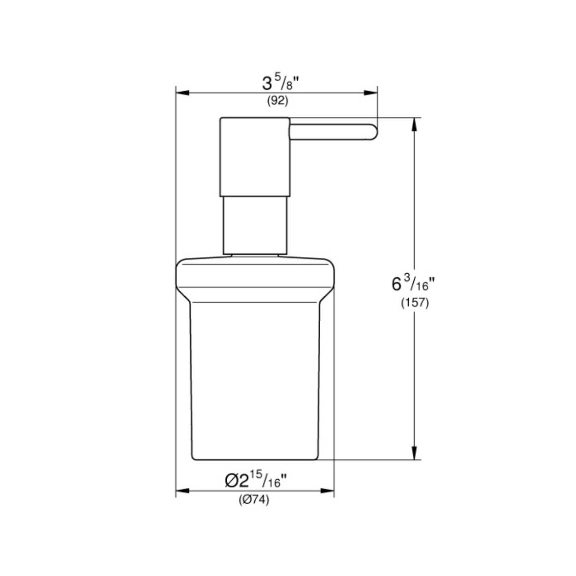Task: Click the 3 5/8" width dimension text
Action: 280,83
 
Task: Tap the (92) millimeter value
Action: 278,101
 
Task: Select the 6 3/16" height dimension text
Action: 413,283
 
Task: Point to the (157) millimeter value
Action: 415,303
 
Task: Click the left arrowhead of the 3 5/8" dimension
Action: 182,93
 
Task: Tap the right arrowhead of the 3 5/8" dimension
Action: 370,93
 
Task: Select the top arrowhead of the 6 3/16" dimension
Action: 414,124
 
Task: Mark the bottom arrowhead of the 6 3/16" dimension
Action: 414,453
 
